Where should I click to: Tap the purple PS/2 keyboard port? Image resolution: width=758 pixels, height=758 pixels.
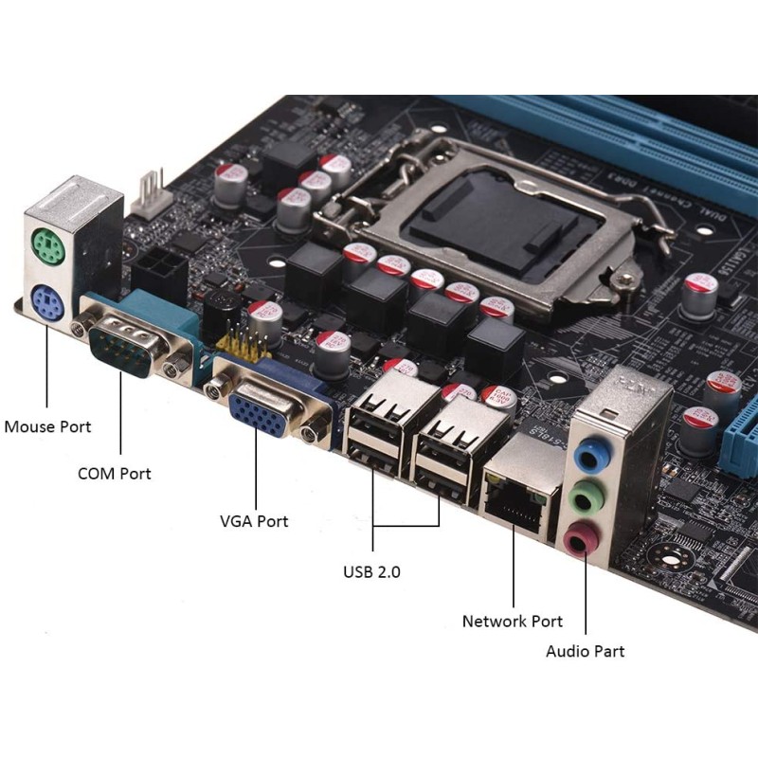pyautogui.click(x=45, y=303)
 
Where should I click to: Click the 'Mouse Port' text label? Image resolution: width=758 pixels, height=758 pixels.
pyautogui.click(x=48, y=426)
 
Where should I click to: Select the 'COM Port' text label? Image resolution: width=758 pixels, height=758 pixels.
pyautogui.click(x=114, y=473)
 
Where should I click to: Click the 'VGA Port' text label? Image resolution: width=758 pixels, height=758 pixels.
pyautogui.click(x=254, y=521)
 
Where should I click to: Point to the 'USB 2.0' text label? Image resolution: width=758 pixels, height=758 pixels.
pyautogui.click(x=371, y=572)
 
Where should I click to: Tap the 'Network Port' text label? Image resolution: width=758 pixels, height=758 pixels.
pyautogui.click(x=512, y=622)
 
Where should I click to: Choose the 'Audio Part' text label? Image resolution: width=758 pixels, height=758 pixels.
pyautogui.click(x=585, y=651)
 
